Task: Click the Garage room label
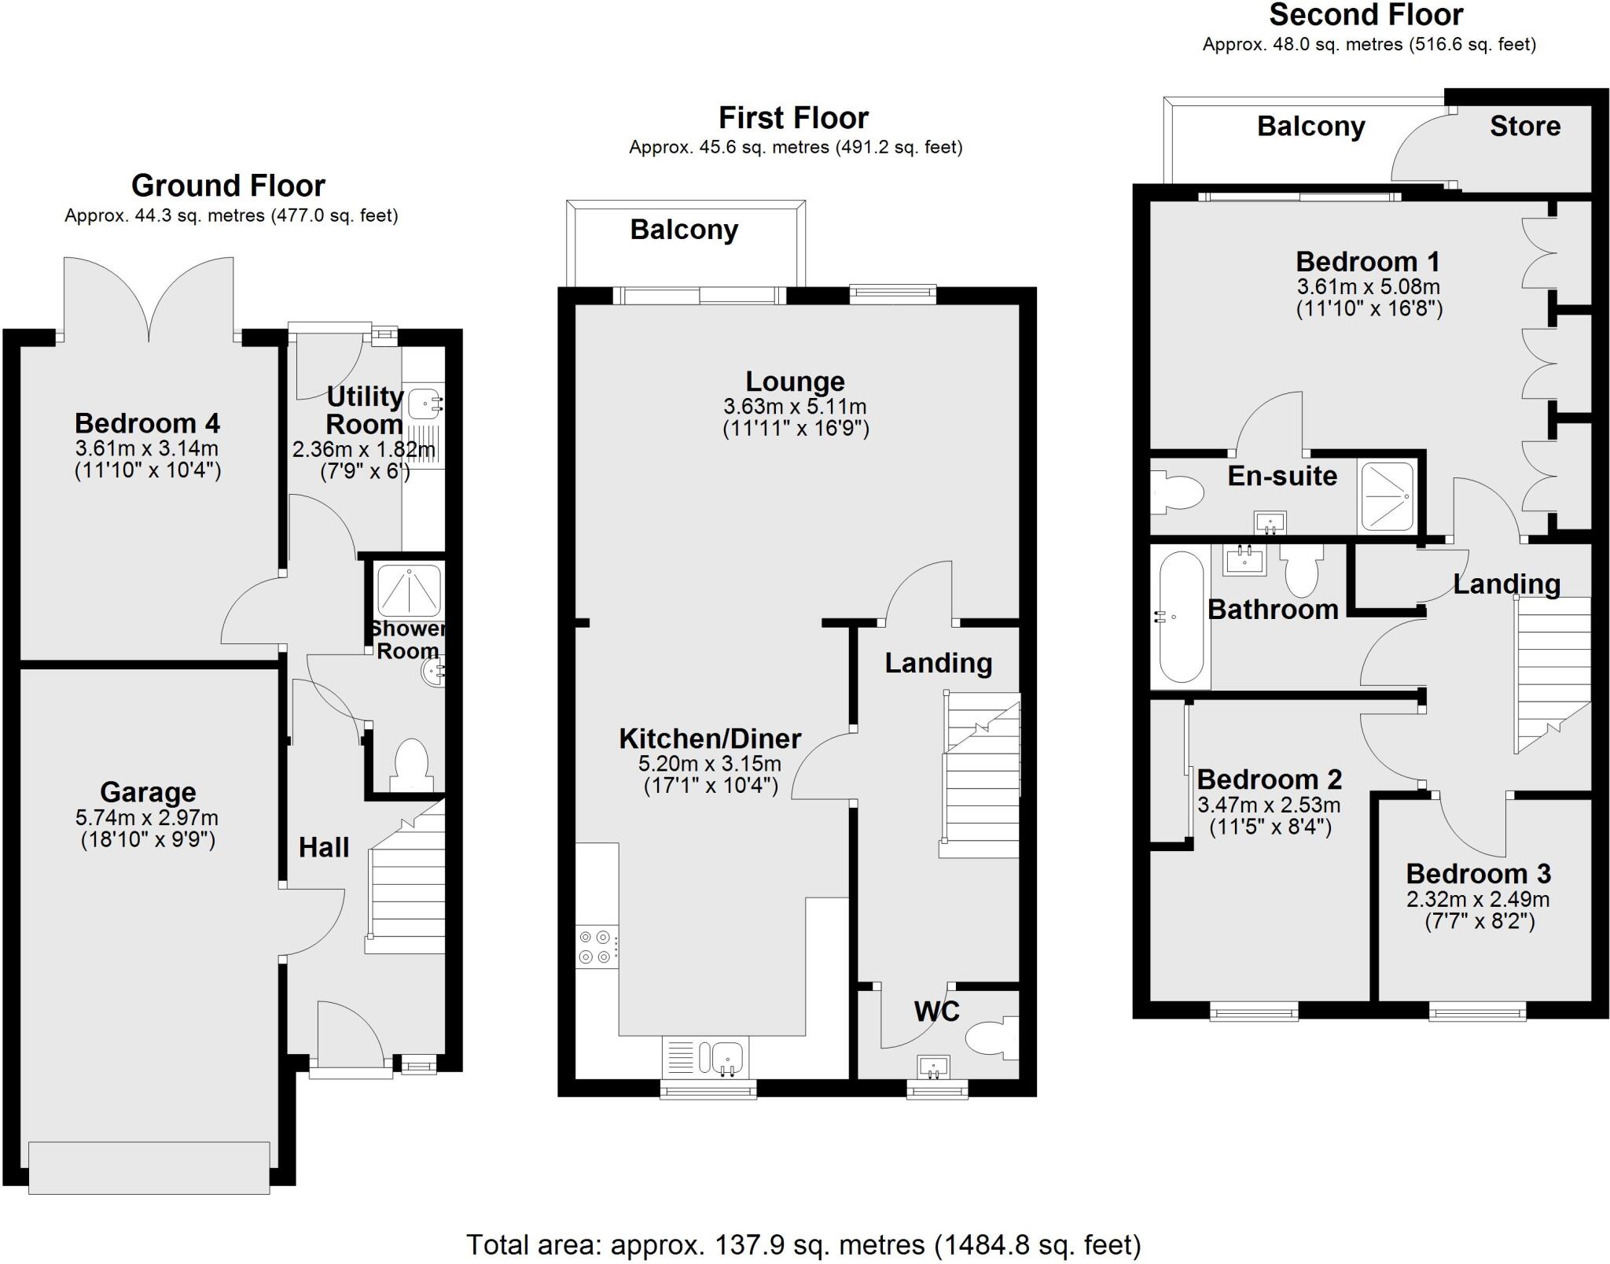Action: click(x=148, y=792)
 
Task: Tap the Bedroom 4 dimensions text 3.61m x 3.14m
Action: click(x=147, y=449)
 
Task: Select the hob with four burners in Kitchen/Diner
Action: click(x=596, y=947)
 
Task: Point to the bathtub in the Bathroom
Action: click(x=1177, y=617)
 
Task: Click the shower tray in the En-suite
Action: click(x=1387, y=496)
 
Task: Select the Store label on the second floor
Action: click(x=1524, y=127)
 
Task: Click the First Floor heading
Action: click(x=793, y=118)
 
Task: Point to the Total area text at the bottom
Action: click(x=803, y=1244)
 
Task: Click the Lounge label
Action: click(x=795, y=381)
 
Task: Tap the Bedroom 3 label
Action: click(x=1478, y=874)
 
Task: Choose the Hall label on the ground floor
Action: click(x=324, y=847)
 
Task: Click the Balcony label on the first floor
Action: click(x=684, y=230)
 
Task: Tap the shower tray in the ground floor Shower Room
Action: click(x=409, y=590)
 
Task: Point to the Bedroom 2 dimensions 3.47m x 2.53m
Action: click(x=1269, y=805)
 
